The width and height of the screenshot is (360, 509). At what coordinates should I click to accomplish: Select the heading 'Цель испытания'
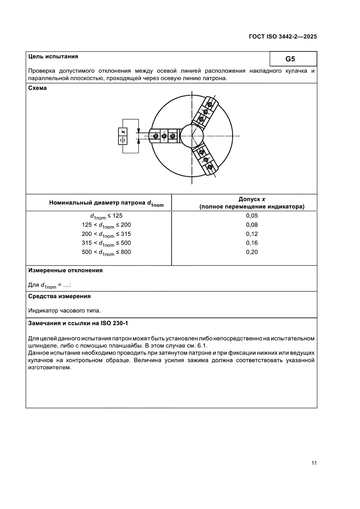pyautogui.click(x=53, y=56)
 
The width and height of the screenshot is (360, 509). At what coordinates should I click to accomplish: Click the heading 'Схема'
pyautogui.click(x=37, y=88)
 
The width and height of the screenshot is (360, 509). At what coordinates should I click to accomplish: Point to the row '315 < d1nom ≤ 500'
pyautogui.click(x=106, y=243)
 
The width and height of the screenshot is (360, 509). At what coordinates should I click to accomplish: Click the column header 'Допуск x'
pyautogui.click(x=252, y=199)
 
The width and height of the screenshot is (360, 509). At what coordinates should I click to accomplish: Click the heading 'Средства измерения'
pyautogui.click(x=59, y=296)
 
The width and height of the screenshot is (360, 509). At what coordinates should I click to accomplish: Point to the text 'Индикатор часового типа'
pyautogui.click(x=64, y=310)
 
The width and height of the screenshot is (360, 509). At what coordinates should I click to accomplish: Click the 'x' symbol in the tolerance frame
pyautogui.click(x=123, y=131)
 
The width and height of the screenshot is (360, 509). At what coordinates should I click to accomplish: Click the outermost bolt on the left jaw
pyautogui.click(x=156, y=136)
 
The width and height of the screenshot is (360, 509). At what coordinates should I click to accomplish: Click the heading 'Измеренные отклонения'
pyautogui.click(x=65, y=270)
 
